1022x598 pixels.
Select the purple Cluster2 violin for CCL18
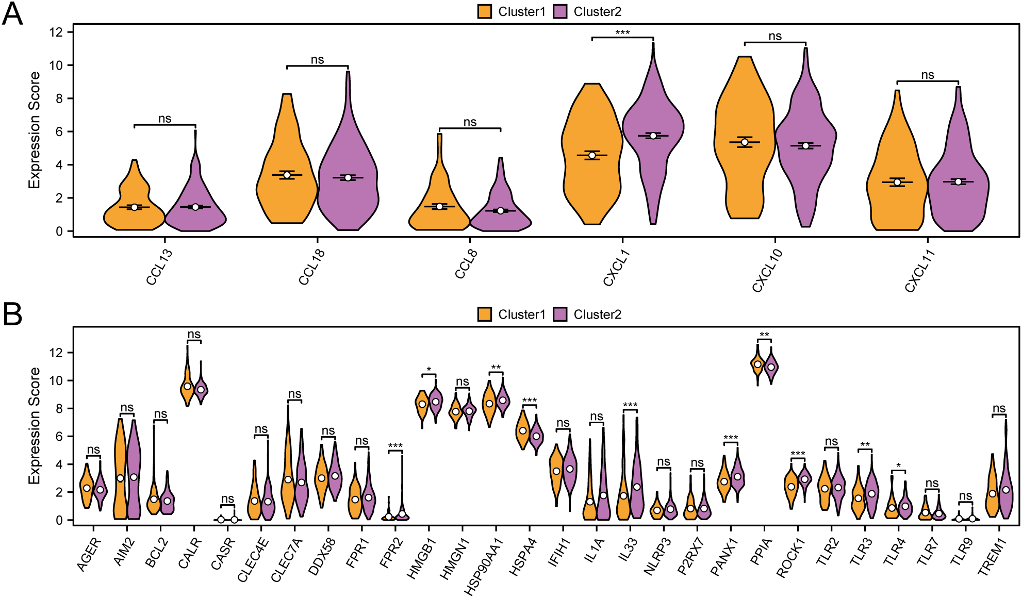pyautogui.click(x=348, y=191)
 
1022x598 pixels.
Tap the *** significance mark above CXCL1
pyautogui.click(x=622, y=33)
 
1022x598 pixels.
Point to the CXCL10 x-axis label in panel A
pyautogui.click(x=767, y=271)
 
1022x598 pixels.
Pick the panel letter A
pyautogui.click(x=12, y=14)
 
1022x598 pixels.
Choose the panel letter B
pyautogui.click(x=12, y=314)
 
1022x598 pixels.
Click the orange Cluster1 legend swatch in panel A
pyautogui.click(x=485, y=11)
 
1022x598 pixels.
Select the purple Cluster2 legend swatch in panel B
pyautogui.click(x=560, y=314)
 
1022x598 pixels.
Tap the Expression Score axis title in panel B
pyautogui.click(x=34, y=425)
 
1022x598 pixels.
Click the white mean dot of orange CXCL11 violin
pyautogui.click(x=897, y=182)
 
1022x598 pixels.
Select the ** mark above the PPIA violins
pyautogui.click(x=764, y=335)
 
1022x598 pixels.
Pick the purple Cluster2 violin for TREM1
pyautogui.click(x=1005, y=490)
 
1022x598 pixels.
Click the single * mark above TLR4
pyautogui.click(x=898, y=466)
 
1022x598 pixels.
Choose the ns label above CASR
pyautogui.click(x=227, y=499)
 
